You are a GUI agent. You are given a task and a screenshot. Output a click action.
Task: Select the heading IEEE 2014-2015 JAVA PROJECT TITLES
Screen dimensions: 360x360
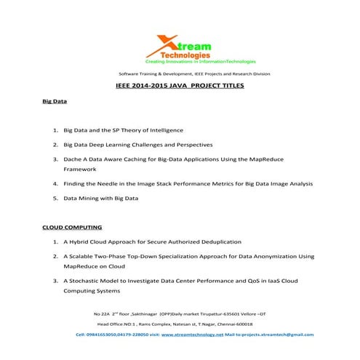click(180, 86)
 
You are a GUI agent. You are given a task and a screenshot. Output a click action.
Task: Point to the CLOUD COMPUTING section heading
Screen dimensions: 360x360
click(72, 228)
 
